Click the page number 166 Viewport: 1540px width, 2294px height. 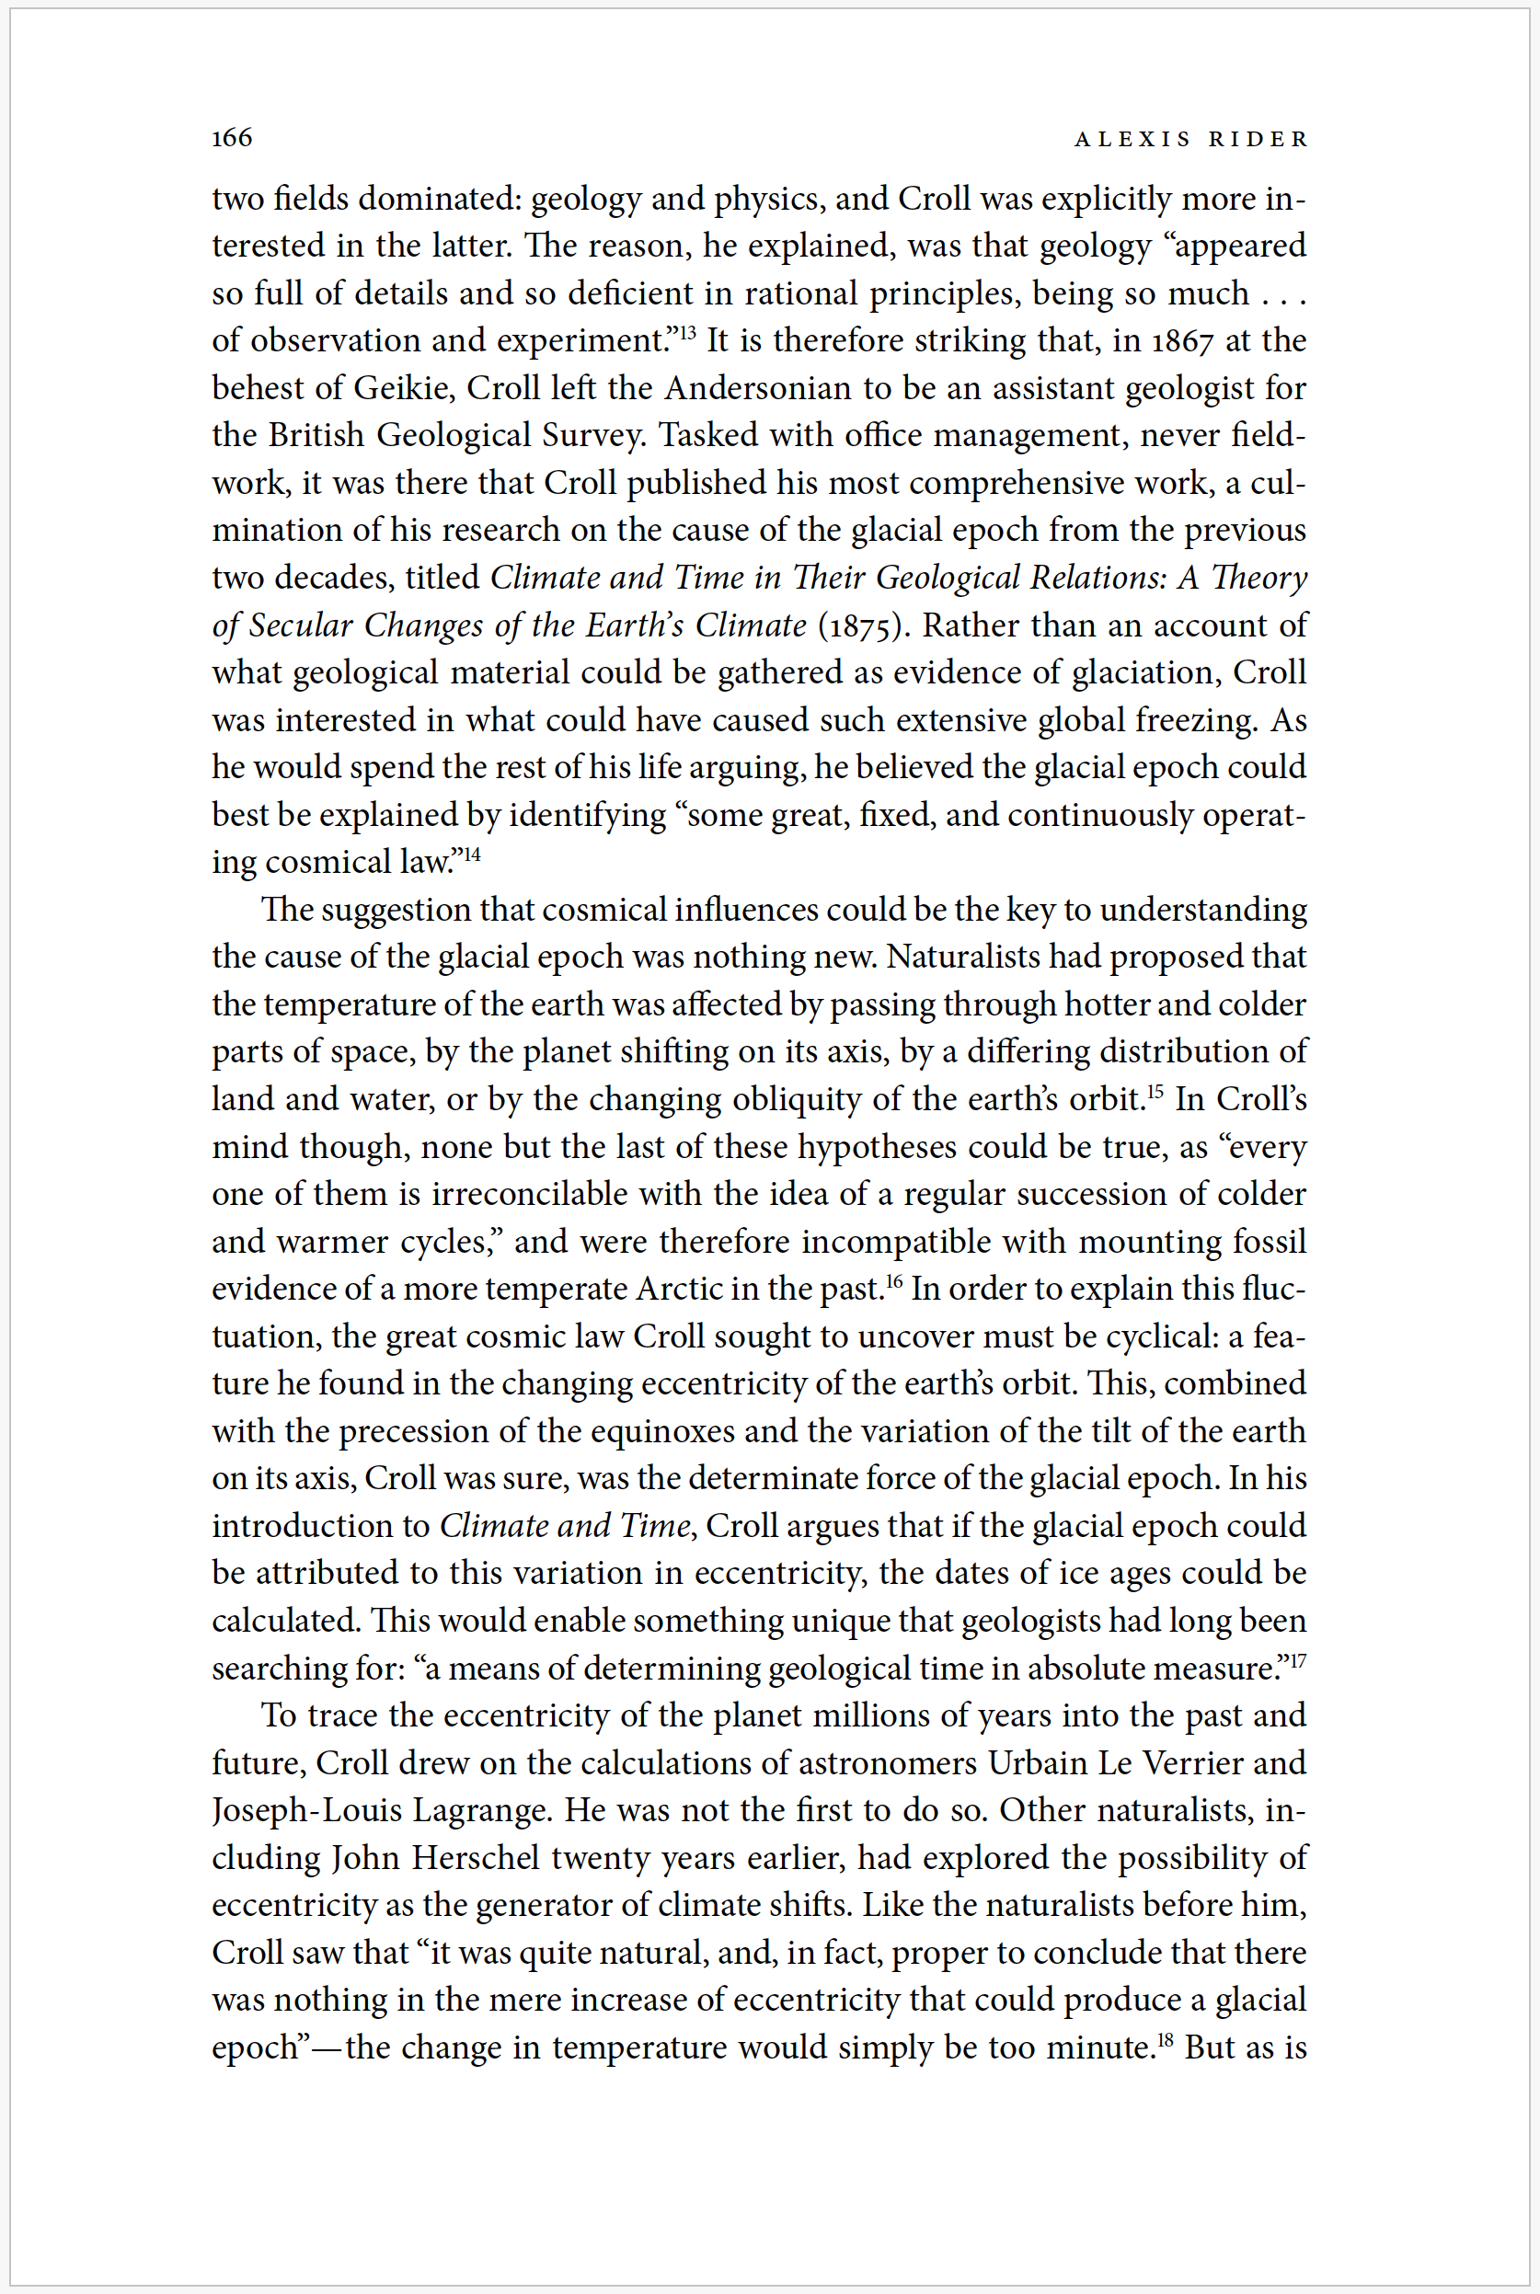point(232,137)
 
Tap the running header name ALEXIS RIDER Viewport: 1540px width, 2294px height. point(1191,140)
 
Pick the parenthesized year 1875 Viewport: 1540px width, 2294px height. point(859,625)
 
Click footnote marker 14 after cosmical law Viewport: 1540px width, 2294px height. point(473,854)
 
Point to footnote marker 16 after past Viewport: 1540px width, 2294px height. point(894,1280)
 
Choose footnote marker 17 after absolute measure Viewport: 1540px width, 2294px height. point(1297,1659)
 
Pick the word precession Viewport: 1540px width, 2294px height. point(413,1432)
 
